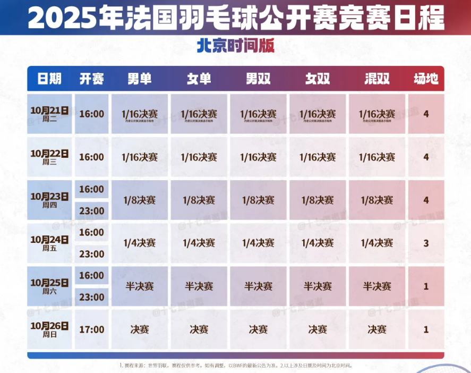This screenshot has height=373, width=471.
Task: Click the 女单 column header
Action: tap(199, 79)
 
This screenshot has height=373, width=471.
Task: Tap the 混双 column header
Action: tap(377, 79)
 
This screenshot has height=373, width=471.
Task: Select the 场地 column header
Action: tap(426, 79)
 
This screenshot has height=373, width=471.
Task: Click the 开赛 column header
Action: tap(91, 79)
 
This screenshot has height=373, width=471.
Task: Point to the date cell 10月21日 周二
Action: tap(49, 114)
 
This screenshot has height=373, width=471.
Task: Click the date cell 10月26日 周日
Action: tap(49, 329)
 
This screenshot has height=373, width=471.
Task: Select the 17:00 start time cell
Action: tap(91, 329)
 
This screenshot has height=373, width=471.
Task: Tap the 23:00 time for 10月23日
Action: tap(91, 211)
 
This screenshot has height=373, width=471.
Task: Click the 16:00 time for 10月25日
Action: tap(91, 275)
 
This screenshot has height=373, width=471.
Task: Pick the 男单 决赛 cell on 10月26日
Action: tap(140, 329)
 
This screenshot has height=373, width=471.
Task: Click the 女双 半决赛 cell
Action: tap(318, 286)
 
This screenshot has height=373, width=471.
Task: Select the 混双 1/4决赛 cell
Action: tap(377, 243)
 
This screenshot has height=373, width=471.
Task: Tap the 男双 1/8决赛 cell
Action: tap(259, 200)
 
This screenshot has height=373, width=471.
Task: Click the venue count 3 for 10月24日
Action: tap(426, 243)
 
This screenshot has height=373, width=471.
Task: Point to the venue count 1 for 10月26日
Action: tap(426, 329)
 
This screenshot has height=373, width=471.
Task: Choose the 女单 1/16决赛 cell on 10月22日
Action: tap(199, 157)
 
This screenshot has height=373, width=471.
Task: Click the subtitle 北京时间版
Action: tap(235, 46)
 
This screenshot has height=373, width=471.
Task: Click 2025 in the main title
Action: tap(62, 18)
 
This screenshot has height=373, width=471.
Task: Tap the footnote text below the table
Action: tap(235, 366)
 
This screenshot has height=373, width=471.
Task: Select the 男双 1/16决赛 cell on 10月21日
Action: tap(259, 114)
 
